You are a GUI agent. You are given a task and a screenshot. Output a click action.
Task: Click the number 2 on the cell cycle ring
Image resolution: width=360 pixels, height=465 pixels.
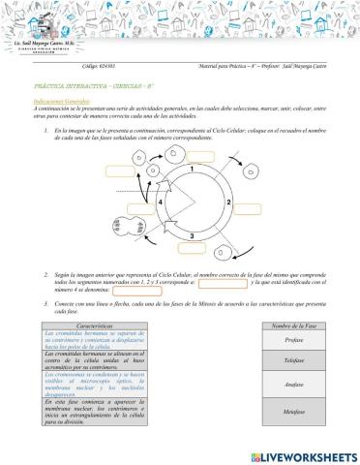(x=226, y=201)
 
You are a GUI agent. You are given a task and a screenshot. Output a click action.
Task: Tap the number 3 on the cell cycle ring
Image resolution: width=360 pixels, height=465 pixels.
(x=192, y=235)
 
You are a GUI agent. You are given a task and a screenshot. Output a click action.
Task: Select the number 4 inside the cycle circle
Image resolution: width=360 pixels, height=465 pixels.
(x=159, y=201)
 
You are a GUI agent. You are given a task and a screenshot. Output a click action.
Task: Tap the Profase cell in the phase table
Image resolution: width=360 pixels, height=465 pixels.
(x=296, y=341)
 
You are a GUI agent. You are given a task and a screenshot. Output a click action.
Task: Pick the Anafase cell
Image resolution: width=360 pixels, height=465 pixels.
(x=296, y=386)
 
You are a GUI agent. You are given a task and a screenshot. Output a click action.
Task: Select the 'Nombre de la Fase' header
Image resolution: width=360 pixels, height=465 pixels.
(x=296, y=325)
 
